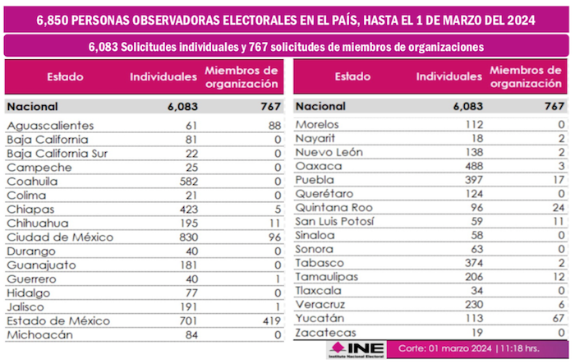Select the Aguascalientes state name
click(x=49, y=125)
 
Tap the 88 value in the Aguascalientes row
click(x=270, y=125)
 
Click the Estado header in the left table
click(x=65, y=77)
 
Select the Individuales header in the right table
click(x=448, y=77)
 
